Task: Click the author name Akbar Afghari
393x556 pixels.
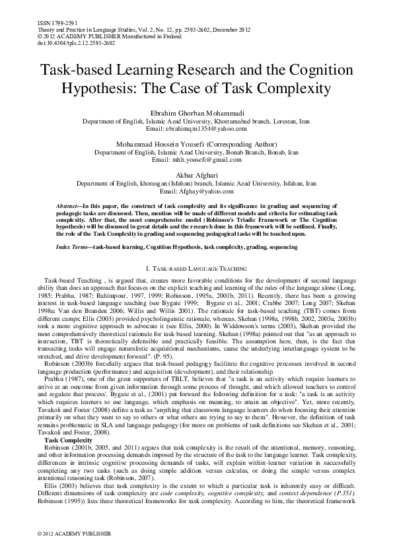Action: coord(196,175)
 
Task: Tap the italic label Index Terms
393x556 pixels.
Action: coord(73,246)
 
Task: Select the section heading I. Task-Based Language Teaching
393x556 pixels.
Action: coord(196,269)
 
